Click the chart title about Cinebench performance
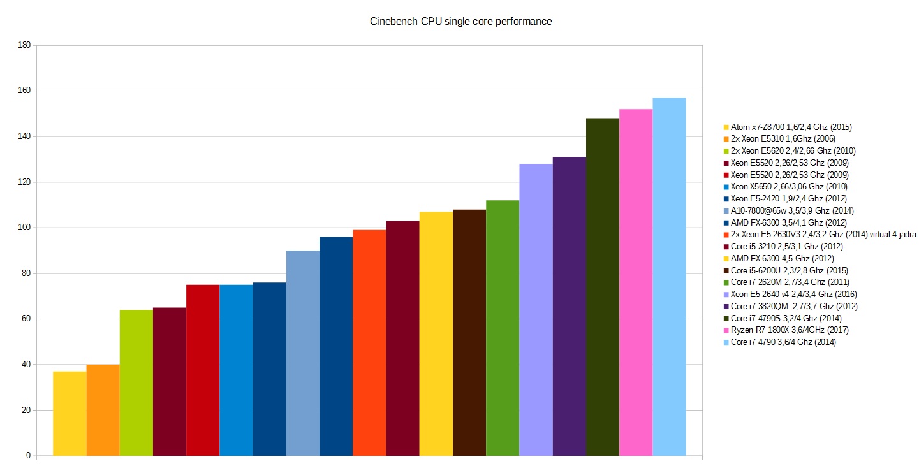point(460,22)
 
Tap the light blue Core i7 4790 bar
point(669,277)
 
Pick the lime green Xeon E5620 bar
point(136,382)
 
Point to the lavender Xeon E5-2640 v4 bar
point(536,310)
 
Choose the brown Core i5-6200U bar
point(469,332)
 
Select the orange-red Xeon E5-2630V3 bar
point(369,342)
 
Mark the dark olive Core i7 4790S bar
point(602,287)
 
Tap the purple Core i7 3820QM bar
point(569,306)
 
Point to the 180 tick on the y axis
point(25,45)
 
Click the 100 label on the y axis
point(25,228)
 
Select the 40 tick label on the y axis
point(26,365)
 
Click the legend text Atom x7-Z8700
point(791,127)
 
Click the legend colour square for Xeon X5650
point(726,187)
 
